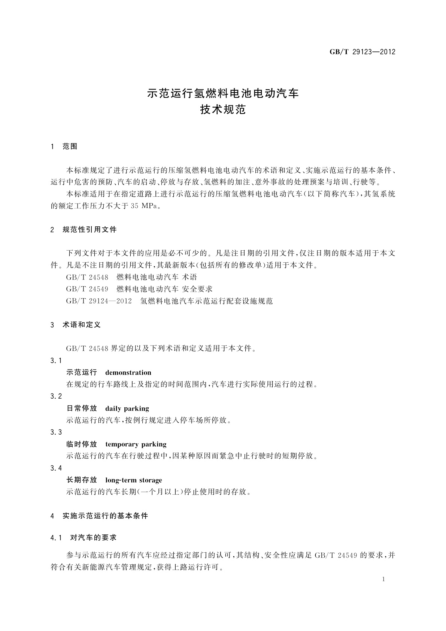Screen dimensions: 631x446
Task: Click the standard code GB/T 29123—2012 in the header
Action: tap(362, 52)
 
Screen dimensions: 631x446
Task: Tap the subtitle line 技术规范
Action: tap(223, 110)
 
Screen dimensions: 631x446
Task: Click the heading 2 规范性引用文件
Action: tap(84, 229)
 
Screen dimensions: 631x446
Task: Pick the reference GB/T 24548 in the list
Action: tap(87, 277)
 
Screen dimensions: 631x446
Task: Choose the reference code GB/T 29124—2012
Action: tap(99, 301)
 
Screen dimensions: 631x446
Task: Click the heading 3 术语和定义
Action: tap(76, 325)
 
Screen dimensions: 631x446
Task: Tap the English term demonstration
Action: tap(128, 372)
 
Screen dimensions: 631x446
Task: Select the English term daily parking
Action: tap(127, 408)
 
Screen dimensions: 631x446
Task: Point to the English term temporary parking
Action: tap(136, 444)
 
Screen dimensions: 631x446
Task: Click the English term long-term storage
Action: tap(134, 480)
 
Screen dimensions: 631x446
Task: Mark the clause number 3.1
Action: tap(56, 361)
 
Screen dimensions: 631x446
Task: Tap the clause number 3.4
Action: tap(56, 468)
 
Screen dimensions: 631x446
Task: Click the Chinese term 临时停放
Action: tap(82, 444)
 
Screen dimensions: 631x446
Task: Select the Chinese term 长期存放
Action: tap(82, 480)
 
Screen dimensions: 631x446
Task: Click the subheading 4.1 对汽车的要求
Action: tap(84, 538)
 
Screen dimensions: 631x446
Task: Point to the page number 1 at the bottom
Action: tap(383, 579)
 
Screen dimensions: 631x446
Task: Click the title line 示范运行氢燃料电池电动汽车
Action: tap(223, 93)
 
